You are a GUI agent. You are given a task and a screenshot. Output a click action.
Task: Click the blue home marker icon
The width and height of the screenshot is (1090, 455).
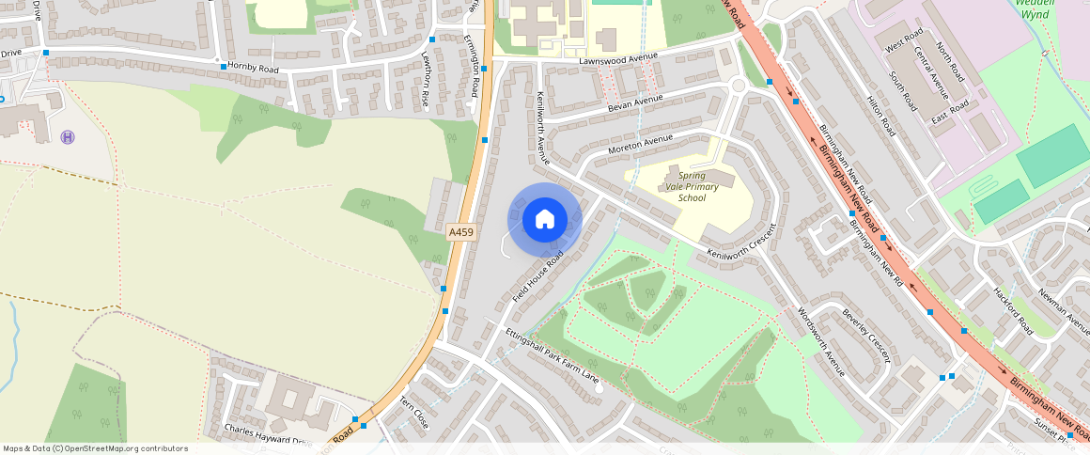(x=545, y=220)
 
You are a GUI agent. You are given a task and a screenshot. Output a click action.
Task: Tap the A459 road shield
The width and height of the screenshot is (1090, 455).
(x=460, y=232)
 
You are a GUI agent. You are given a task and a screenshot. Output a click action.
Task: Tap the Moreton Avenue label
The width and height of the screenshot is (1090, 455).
(x=641, y=144)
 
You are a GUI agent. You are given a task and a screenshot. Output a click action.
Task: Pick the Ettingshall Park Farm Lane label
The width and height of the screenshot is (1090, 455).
(x=553, y=356)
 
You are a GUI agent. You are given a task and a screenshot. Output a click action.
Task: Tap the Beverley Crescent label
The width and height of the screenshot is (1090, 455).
(x=865, y=335)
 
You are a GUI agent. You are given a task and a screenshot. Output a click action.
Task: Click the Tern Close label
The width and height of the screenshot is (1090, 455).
(x=414, y=413)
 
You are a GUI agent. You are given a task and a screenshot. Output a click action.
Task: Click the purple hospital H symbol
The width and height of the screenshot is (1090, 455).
(x=68, y=137)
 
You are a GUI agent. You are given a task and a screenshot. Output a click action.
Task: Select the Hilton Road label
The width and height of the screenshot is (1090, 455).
(x=881, y=117)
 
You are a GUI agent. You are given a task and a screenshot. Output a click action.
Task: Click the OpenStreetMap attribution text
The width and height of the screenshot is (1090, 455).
(x=95, y=448)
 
